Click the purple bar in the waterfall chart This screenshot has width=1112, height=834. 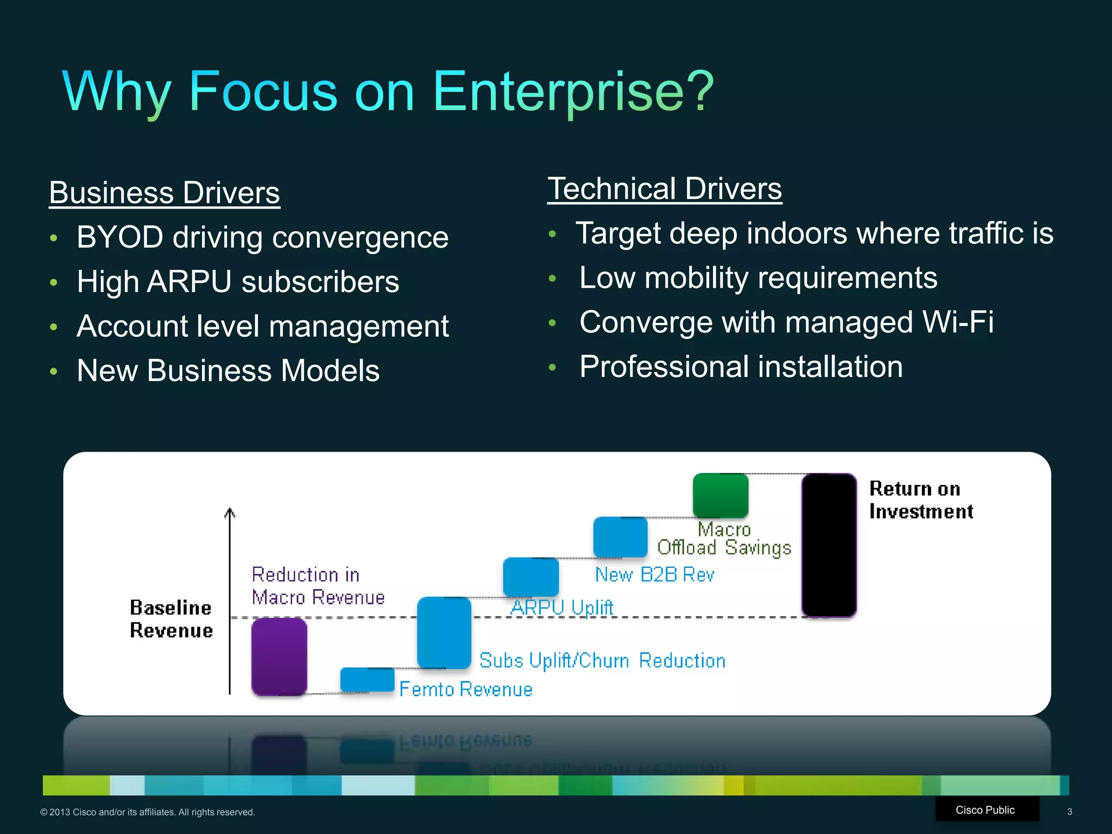(279, 656)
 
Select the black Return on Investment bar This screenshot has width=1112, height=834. (829, 545)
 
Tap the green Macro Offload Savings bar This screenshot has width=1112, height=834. (721, 495)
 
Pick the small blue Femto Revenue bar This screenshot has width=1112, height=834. (367, 679)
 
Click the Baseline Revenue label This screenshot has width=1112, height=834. (171, 619)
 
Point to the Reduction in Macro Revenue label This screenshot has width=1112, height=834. (318, 586)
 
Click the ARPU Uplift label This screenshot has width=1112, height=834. (562, 608)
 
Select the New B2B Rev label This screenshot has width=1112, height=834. (654, 574)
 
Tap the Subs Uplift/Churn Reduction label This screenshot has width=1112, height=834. (602, 660)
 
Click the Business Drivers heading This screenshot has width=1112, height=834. (165, 193)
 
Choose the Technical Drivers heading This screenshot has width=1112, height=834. (665, 188)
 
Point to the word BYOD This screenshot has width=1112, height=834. (120, 237)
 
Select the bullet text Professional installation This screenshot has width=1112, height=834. (741, 367)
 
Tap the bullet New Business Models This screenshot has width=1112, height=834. (228, 371)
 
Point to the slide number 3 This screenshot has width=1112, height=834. (1069, 812)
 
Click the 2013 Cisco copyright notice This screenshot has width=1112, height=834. (148, 812)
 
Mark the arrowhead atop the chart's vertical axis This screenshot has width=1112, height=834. (230, 512)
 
